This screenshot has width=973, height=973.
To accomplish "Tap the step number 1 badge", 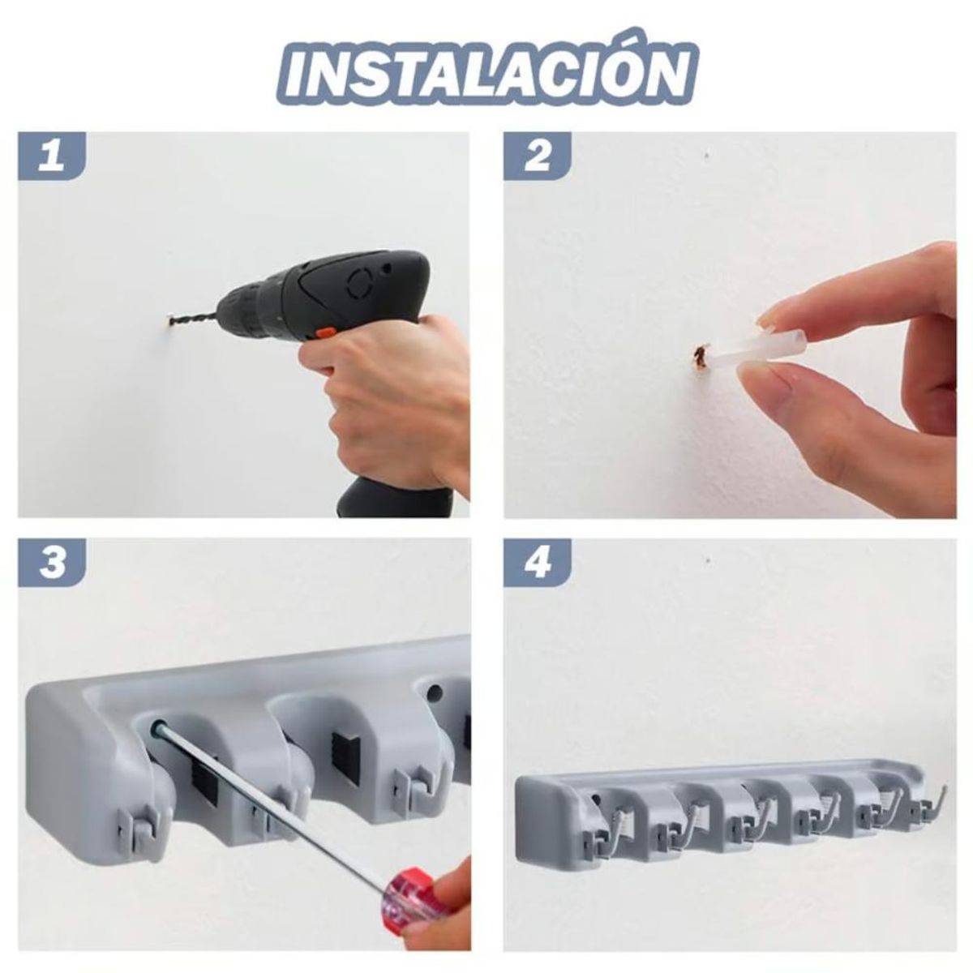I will point(51,156).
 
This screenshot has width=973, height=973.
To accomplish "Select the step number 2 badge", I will point(537,156).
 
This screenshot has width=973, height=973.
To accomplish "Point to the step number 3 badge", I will point(51,562).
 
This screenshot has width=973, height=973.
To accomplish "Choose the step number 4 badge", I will point(537,562).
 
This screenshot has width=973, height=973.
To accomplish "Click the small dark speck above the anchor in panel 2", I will point(708,154).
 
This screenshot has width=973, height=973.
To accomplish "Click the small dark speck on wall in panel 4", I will point(708,560).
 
